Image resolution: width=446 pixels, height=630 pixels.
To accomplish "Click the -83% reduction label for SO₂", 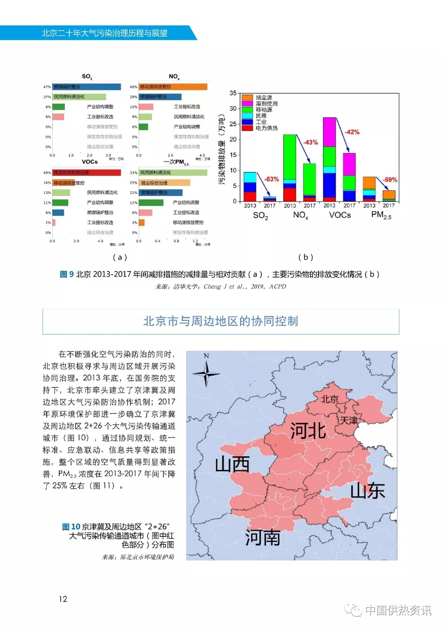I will (x=272, y=179).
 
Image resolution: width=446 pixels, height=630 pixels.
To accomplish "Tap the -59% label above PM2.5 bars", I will (x=390, y=179).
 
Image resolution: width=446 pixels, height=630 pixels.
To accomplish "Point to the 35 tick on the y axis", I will (x=233, y=93).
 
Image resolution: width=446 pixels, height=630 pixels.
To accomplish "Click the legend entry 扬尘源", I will (x=263, y=97).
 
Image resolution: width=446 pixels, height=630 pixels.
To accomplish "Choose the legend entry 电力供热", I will (x=266, y=128).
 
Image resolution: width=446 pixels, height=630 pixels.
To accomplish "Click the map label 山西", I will (x=232, y=465).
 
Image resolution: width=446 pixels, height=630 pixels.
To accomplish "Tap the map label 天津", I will (x=349, y=420).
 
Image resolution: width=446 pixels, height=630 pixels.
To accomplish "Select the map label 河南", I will (x=262, y=538).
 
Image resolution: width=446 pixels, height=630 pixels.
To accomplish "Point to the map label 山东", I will (x=367, y=491).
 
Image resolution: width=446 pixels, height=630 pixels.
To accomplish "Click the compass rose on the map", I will (x=206, y=373).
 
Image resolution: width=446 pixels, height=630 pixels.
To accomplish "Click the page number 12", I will (x=63, y=599).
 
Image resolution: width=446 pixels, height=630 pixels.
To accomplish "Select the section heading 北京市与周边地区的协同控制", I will (x=221, y=321).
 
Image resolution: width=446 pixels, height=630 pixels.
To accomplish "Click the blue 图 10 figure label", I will (x=71, y=527).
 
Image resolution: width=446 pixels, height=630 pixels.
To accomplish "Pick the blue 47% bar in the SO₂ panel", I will (x=87, y=87).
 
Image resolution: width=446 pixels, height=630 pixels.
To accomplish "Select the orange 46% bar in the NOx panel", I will (x=173, y=87).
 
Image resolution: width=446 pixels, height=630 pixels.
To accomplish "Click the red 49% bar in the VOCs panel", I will (x=87, y=172).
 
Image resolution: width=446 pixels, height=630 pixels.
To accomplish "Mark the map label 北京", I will (x=330, y=399).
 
